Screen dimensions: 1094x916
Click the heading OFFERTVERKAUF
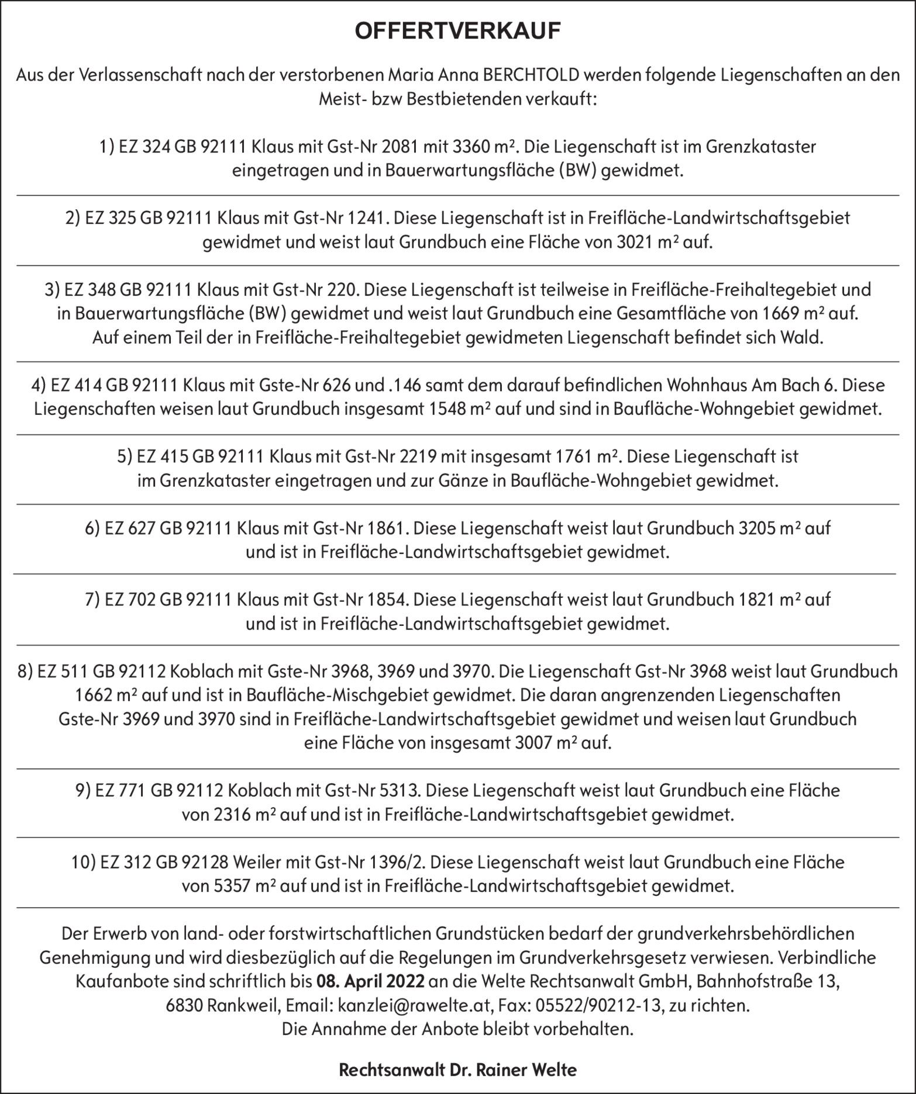tap(457, 32)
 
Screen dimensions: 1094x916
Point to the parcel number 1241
tap(366, 218)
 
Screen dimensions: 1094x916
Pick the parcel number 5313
tap(400, 790)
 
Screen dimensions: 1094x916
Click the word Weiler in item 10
tap(257, 862)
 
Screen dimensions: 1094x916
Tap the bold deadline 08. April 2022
tap(370, 981)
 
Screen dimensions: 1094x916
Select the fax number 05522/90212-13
tap(594, 1005)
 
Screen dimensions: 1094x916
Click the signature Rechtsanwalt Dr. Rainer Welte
tap(457, 1070)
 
